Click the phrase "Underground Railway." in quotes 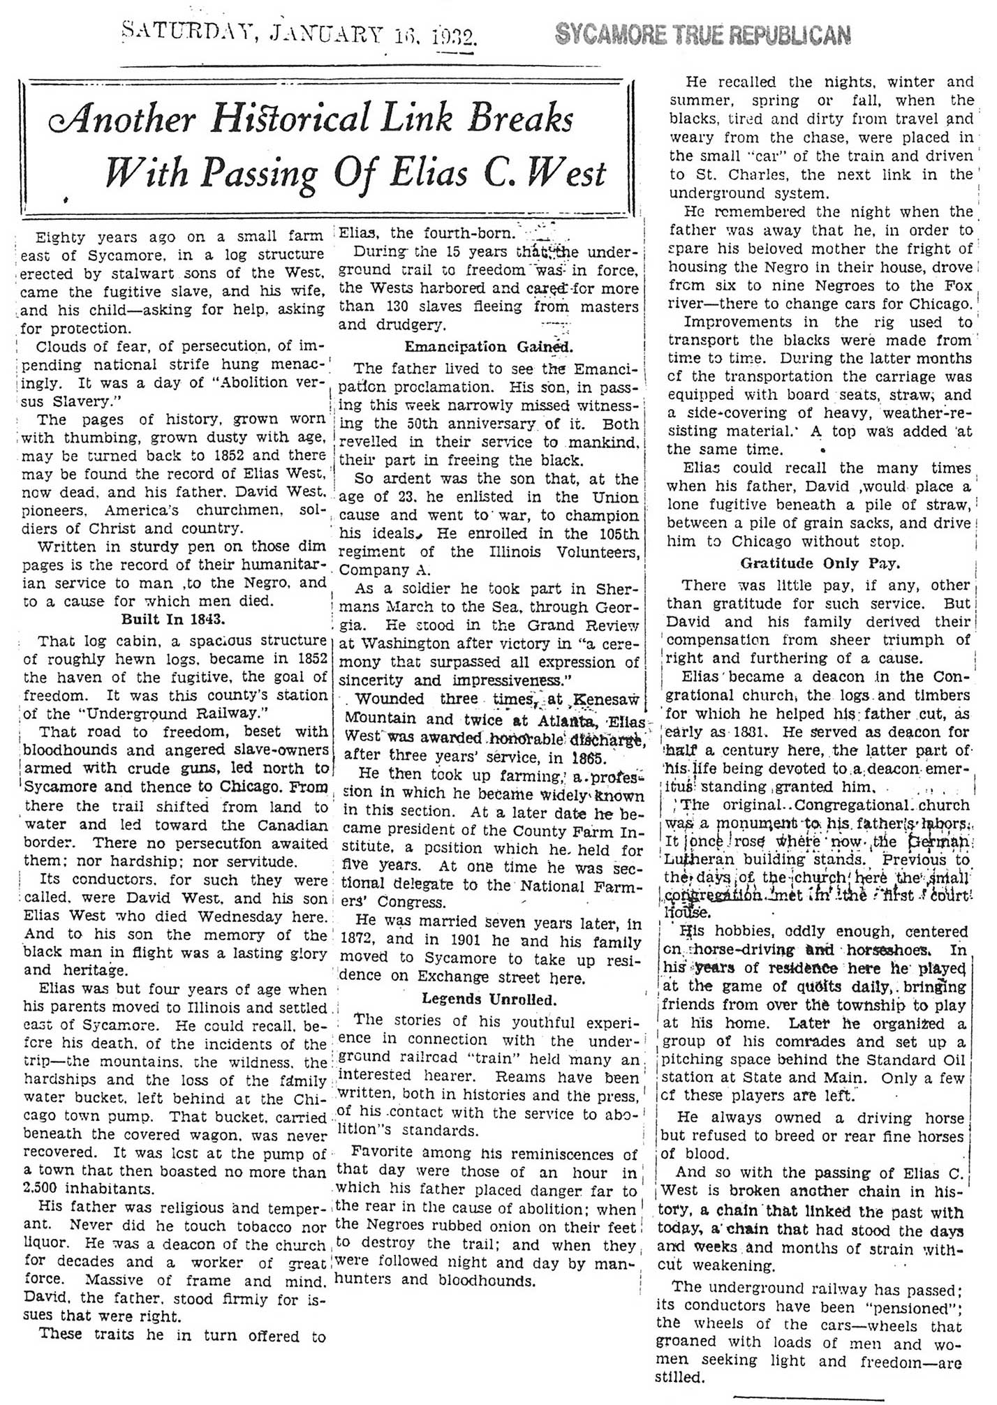131,714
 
